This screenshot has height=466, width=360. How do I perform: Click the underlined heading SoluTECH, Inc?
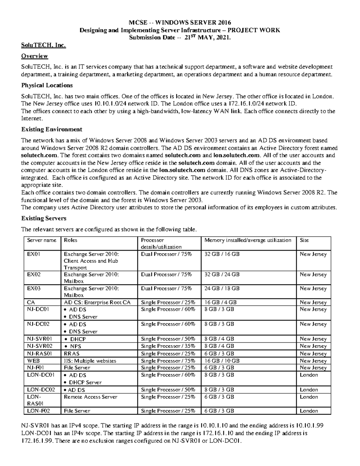click(43, 46)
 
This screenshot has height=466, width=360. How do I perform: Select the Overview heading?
click(34, 56)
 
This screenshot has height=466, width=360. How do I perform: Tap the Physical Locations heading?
click(47, 85)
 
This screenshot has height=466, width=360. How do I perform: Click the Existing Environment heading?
click(52, 129)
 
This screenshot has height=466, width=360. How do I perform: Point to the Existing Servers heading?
click(44, 218)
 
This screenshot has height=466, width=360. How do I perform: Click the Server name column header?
click(42, 240)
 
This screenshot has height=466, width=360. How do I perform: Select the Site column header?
click(304, 240)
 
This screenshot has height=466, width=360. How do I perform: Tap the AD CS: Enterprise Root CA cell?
click(97, 302)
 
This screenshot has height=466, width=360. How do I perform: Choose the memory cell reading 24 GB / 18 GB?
click(222, 288)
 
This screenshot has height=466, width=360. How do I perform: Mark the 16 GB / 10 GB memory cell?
click(222, 361)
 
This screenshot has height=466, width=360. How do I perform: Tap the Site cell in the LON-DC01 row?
click(309, 375)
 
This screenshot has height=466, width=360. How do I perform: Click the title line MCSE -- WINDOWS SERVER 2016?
click(180, 23)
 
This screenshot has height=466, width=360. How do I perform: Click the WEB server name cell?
click(33, 361)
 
